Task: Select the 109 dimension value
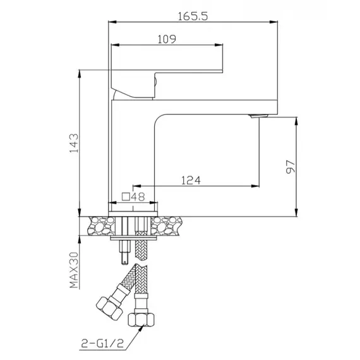[x=165, y=39]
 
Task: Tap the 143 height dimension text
[x=73, y=143]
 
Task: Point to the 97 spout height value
[x=290, y=167]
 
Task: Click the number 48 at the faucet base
[x=138, y=196]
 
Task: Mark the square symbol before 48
[x=125, y=196]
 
